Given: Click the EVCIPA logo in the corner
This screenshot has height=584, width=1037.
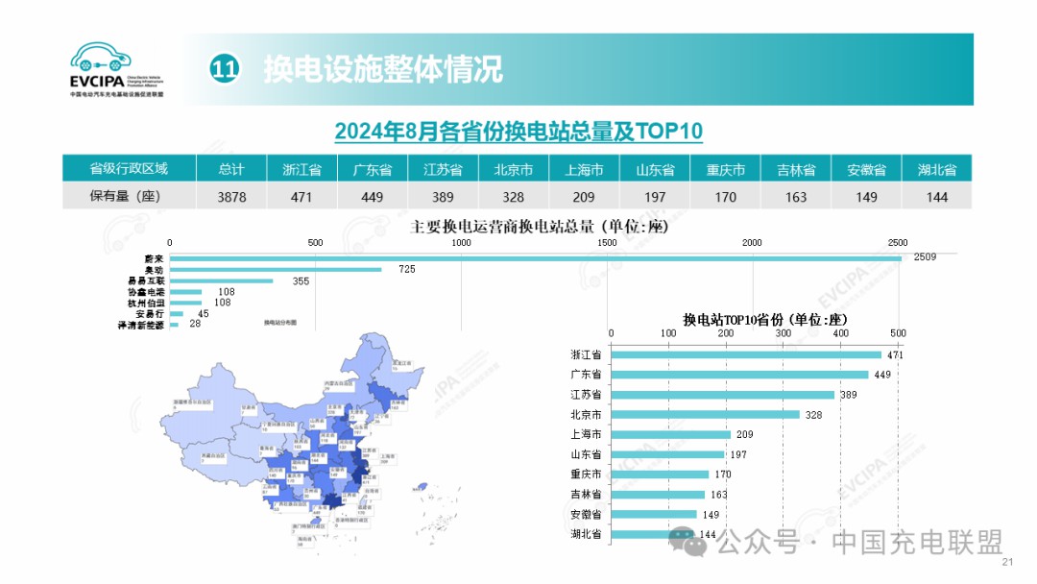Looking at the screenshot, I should [x=116, y=69].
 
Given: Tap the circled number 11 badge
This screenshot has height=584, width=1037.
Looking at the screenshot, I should [x=224, y=69].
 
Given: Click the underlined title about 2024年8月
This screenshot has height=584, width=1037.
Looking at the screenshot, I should [x=518, y=131].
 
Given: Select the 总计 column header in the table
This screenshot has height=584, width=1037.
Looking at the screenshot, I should [x=230, y=169].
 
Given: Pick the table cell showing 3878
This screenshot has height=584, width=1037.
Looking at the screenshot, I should [x=230, y=196].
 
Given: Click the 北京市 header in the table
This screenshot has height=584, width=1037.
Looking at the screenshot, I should [x=514, y=169].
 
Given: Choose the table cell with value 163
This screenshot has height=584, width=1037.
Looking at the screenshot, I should [x=796, y=196].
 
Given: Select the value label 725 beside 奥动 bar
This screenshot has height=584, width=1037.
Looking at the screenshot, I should [x=407, y=270].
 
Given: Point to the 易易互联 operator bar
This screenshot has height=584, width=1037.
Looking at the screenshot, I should [x=221, y=281].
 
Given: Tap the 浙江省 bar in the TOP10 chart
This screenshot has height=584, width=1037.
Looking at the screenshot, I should [x=745, y=354].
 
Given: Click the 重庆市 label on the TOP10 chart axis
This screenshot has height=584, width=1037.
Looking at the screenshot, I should [x=585, y=474].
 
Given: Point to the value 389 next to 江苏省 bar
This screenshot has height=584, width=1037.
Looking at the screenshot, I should [x=850, y=395].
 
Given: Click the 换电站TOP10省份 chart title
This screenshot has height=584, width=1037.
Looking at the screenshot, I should [x=765, y=319].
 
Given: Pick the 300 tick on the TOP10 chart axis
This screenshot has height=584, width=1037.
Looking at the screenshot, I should [x=784, y=333].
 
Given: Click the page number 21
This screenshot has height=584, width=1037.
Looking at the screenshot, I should [x=1007, y=563].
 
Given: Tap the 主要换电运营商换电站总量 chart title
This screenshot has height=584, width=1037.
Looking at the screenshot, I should [x=539, y=228].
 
